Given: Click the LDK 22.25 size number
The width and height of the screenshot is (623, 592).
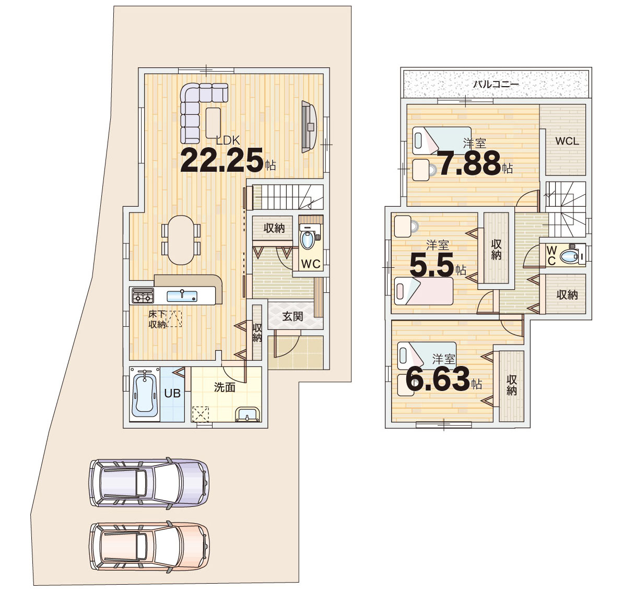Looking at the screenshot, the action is [222, 160].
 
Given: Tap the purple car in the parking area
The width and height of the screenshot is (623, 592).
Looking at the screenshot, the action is [149, 482].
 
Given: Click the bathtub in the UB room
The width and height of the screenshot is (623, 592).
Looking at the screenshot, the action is [145, 393].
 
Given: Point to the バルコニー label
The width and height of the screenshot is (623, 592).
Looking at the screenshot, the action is [496, 84].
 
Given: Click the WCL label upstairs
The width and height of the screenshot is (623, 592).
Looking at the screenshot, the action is [567, 141].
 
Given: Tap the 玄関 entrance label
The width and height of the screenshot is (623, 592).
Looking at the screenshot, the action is [293, 316].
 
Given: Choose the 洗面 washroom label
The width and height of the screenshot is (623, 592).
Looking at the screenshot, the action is [225, 387].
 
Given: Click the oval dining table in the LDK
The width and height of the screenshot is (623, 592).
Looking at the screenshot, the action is [181, 240].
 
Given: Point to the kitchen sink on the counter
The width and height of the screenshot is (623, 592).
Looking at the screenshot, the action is [182, 296].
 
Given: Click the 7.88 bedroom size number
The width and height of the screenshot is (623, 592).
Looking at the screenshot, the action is [469, 163].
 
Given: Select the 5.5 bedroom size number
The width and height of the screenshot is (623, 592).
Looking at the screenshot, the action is [431, 265].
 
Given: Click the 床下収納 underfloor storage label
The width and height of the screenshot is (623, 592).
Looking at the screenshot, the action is [157, 319].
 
